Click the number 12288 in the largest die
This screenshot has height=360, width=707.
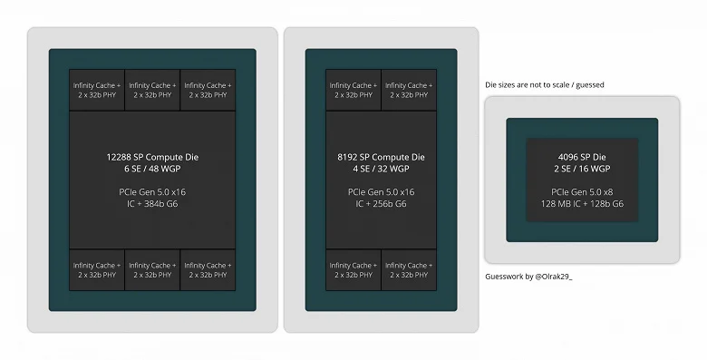pyautogui.click(x=119, y=157)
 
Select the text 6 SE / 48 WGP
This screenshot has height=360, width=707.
pyautogui.click(x=152, y=169)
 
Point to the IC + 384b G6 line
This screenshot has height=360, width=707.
pyautogui.click(x=152, y=204)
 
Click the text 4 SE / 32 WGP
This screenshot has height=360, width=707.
pyautogui.click(x=381, y=169)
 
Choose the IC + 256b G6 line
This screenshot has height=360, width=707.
pyautogui.click(x=381, y=204)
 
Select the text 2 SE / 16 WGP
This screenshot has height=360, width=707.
pyautogui.click(x=582, y=169)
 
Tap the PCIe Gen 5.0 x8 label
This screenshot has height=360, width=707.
pyautogui.click(x=582, y=192)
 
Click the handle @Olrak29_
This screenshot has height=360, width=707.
pyautogui.click(x=554, y=277)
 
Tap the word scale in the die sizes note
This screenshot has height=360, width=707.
pyautogui.click(x=561, y=85)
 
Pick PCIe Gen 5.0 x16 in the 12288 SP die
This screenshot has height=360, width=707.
pyautogui.click(x=152, y=192)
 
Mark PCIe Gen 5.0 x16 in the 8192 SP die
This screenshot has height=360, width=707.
pyautogui.click(x=381, y=192)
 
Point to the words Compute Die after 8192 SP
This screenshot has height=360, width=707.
pyautogui.click(x=399, y=157)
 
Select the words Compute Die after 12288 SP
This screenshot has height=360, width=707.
pyautogui.click(x=172, y=157)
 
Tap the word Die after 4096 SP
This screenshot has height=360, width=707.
pyautogui.click(x=600, y=157)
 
